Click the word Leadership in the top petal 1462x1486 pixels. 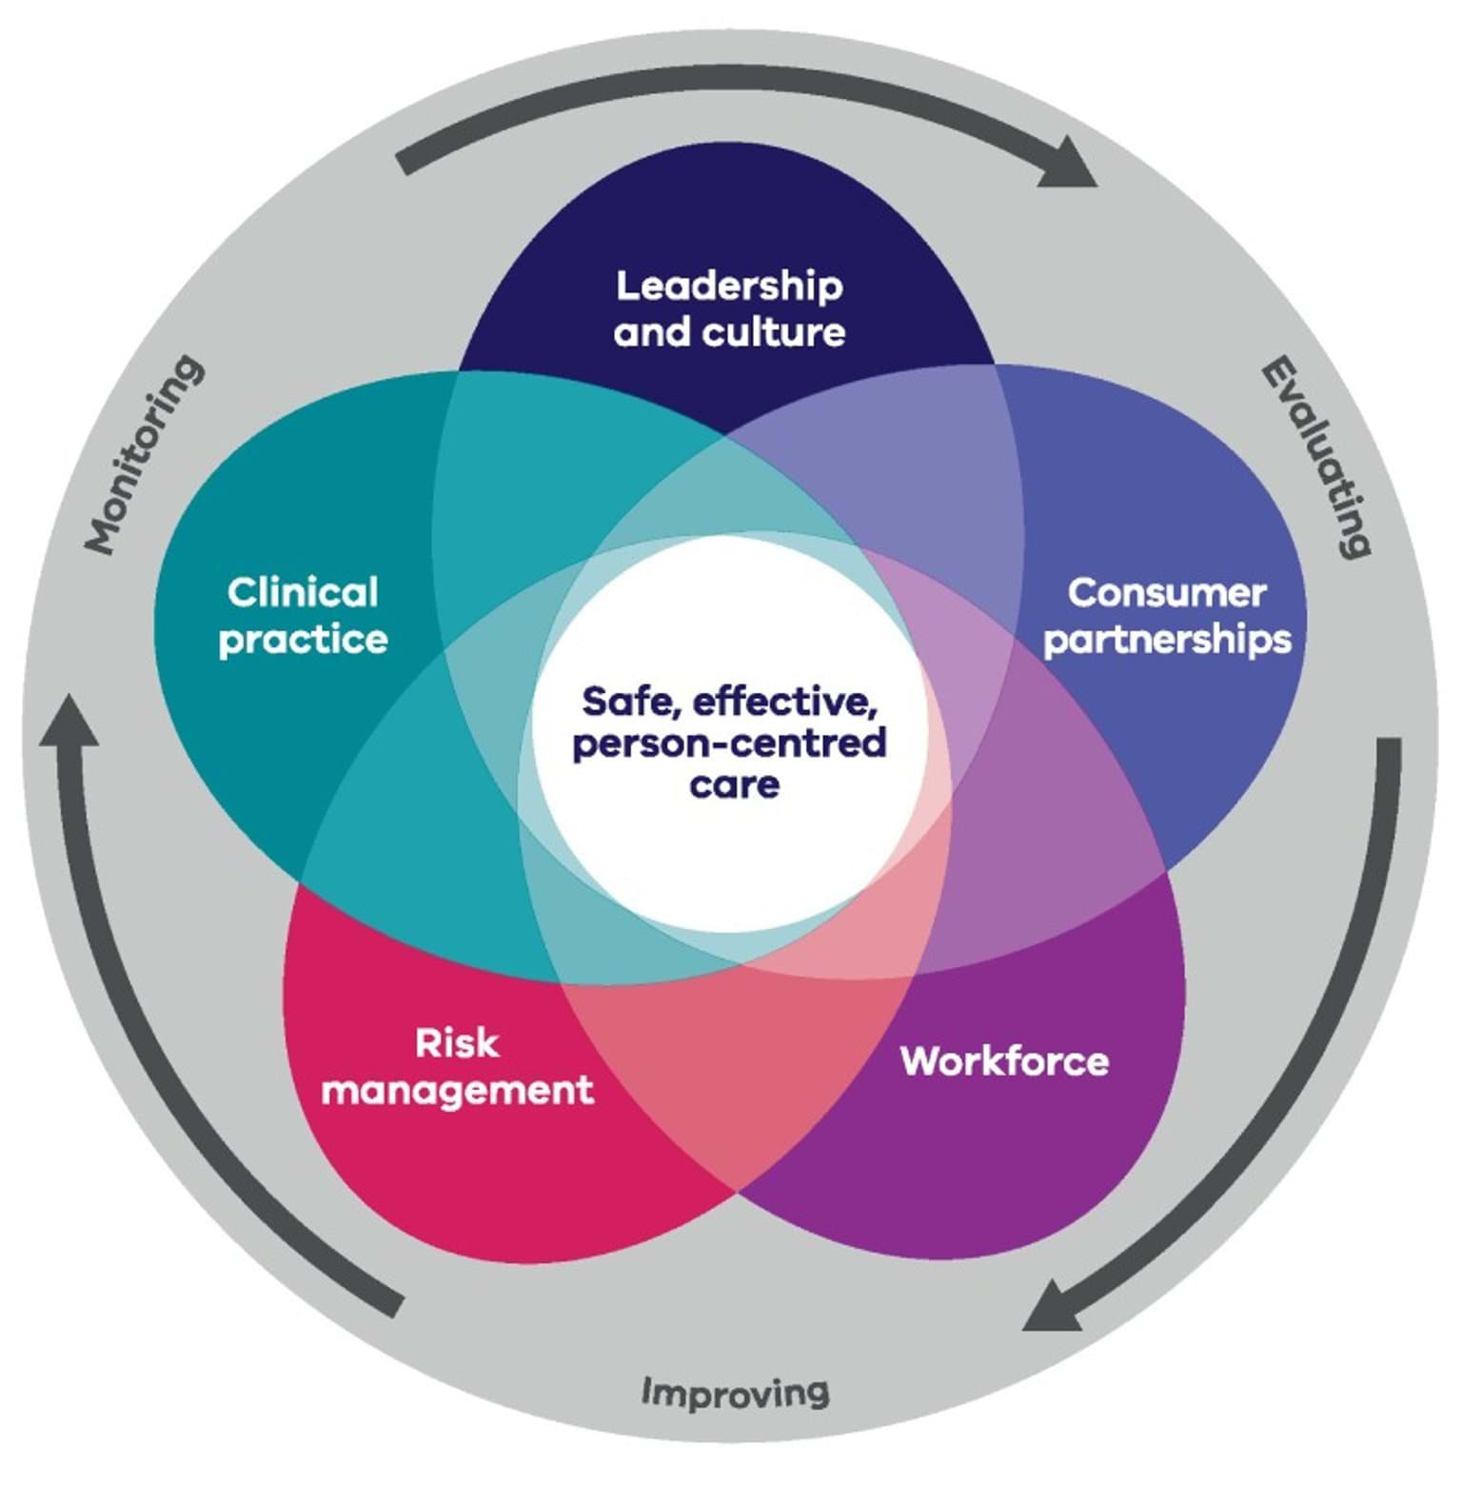[729, 287]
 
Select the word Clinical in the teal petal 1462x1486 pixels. [303, 592]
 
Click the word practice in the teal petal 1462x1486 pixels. [303, 640]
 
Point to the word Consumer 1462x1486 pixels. [1166, 592]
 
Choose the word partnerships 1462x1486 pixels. [1167, 640]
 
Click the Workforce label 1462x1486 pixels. [1004, 1060]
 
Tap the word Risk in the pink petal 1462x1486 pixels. [457, 1043]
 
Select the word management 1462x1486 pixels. [457, 1090]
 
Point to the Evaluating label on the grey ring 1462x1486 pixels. [1317, 457]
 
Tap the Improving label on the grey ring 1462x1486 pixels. [734, 1392]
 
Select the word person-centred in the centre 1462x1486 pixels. [729, 743]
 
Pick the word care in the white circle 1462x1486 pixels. [734, 784]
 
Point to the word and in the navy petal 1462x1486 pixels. [653, 332]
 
